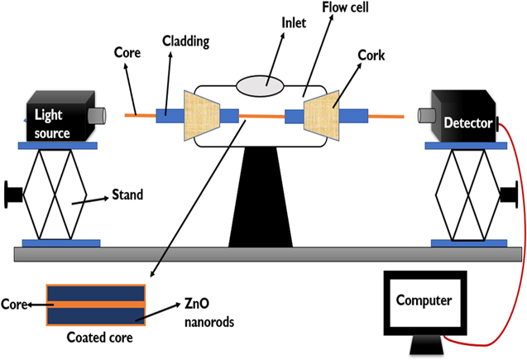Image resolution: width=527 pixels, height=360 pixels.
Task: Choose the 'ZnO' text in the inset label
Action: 196,305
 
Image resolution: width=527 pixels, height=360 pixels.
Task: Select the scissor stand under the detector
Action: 468,194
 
